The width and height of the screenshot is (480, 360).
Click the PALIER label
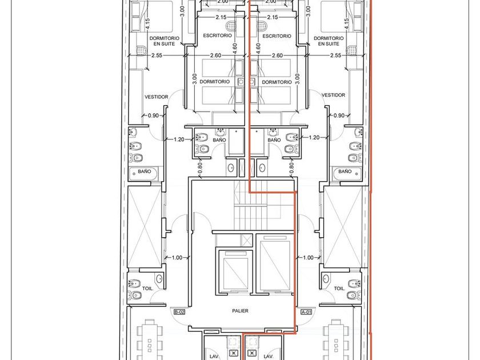point(240,311)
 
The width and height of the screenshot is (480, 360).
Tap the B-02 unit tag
point(179,312)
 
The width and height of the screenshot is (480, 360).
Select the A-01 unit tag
point(306,312)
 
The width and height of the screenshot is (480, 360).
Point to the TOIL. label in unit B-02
point(147,289)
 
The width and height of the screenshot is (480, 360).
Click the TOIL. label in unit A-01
point(339,289)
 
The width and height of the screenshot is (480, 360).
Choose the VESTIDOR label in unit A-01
point(333,95)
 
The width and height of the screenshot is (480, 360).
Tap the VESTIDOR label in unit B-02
point(156,97)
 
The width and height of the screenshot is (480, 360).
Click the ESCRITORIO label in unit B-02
point(217,35)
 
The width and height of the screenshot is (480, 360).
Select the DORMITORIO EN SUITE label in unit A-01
point(329,41)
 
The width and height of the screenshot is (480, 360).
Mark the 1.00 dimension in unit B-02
point(177,258)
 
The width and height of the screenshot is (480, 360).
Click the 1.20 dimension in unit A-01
point(314,138)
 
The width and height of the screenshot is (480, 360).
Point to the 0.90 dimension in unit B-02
point(153,115)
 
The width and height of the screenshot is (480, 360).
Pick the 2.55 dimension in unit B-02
point(157,55)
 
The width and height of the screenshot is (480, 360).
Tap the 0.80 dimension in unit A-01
point(291,168)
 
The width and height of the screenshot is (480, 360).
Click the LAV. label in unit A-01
point(268,357)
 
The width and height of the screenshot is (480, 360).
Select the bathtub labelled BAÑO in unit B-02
point(143,174)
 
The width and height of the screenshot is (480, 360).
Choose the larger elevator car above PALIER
point(275,266)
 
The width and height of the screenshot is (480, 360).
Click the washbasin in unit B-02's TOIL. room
point(159,279)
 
